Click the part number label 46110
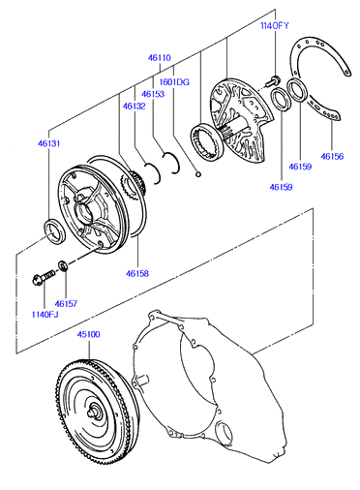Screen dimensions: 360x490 [160, 58]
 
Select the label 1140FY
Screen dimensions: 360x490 [275, 26]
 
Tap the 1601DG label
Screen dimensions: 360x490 [174, 82]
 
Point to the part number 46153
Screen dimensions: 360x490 [153, 94]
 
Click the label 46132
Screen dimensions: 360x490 [134, 106]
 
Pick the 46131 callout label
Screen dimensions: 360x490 [48, 143]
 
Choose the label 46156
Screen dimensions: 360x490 [332, 156]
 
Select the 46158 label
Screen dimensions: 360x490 [137, 273]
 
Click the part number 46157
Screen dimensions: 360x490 [66, 304]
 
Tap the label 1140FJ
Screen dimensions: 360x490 [45, 315]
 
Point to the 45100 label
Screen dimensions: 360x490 [88, 334]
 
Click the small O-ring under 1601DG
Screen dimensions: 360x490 [198, 174]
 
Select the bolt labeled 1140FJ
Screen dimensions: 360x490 [44, 277]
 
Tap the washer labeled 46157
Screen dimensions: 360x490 [63, 265]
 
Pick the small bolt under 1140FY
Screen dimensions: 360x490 [273, 81]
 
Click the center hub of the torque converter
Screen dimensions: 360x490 [96, 411]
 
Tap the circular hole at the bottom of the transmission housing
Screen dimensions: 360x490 [225, 435]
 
